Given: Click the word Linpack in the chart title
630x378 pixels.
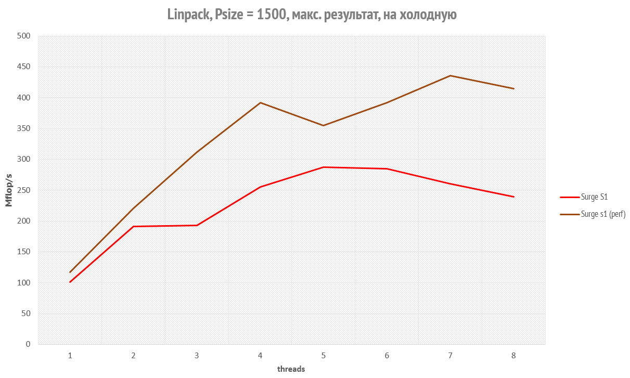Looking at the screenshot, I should tap(187, 15).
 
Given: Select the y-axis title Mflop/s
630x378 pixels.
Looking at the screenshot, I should tap(9, 190).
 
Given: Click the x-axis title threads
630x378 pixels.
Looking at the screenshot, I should tap(291, 369).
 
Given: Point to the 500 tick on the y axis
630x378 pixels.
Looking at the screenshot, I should tap(24, 36).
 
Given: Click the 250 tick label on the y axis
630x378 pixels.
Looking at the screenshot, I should tap(24, 190).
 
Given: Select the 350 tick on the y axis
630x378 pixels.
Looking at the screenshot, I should tap(24, 128).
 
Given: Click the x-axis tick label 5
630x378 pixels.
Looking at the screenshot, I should tap(323, 356).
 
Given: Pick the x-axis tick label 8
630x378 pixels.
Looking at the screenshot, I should tap(513, 356).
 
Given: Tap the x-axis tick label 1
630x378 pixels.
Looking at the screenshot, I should tap(70, 356).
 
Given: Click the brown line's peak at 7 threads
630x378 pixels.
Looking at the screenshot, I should tap(450, 76).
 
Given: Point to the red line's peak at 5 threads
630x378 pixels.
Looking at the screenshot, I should tap(323, 167).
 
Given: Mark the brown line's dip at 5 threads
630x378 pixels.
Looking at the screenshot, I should tap(323, 125).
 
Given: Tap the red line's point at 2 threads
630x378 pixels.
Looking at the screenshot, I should tap(133, 227).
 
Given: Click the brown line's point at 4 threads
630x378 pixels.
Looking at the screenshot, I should tap(260, 102).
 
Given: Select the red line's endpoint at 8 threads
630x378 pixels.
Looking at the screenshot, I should tap(513, 197).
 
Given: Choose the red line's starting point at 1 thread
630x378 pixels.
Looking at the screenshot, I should tap(70, 282).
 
